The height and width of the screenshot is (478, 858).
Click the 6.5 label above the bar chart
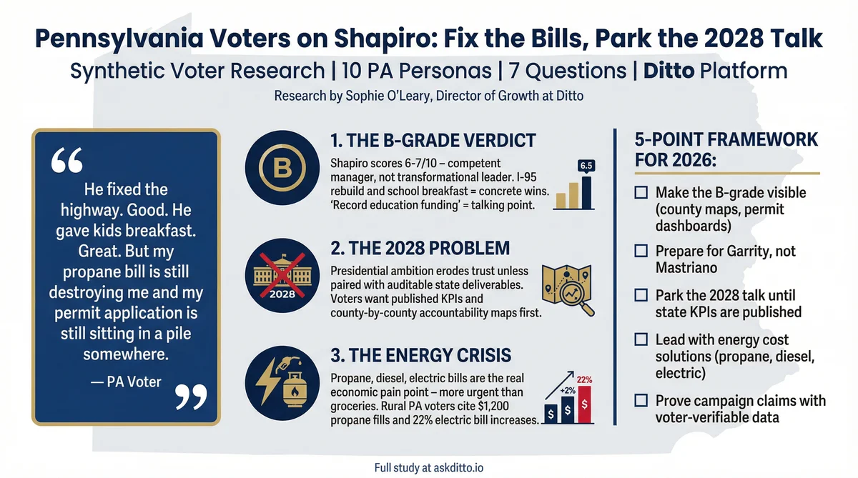[586, 166]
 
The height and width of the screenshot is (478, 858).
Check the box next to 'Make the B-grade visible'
[641, 193]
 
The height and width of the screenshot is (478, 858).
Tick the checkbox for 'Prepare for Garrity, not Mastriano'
[641, 252]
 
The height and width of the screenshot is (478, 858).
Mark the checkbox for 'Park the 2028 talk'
[641, 295]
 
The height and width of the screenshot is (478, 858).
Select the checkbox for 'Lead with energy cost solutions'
[641, 340]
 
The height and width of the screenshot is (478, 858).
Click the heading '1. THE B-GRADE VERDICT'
[433, 139]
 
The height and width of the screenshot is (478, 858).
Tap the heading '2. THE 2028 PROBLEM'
[420, 248]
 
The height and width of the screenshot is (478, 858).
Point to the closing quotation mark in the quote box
[190, 396]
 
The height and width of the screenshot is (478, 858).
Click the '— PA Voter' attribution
[127, 382]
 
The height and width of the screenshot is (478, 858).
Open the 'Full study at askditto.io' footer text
[429, 467]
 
